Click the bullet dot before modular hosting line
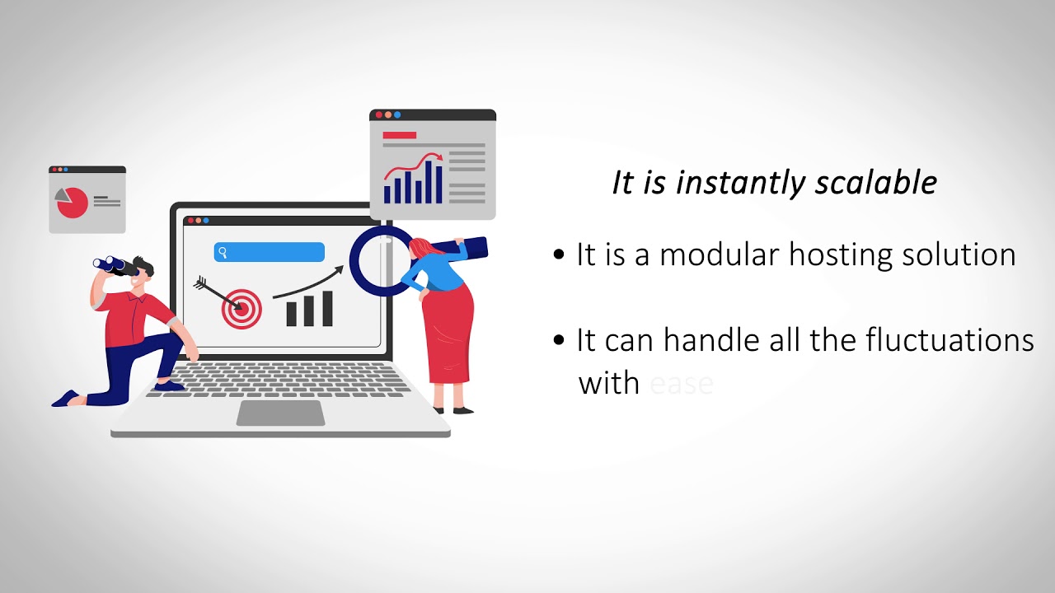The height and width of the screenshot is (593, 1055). pyautogui.click(x=560, y=255)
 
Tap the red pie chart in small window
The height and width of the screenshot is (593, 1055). pyautogui.click(x=73, y=203)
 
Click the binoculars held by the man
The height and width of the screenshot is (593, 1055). pyautogui.click(x=113, y=265)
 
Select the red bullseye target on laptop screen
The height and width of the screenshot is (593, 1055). pyautogui.click(x=241, y=309)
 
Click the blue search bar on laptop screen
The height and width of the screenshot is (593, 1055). pyautogui.click(x=270, y=252)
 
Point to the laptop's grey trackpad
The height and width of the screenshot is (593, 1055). pyautogui.click(x=280, y=413)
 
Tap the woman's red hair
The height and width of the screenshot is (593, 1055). pyautogui.click(x=420, y=248)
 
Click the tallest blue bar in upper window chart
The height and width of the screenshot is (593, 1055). pyautogui.click(x=438, y=184)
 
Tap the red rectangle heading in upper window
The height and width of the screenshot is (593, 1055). pyautogui.click(x=400, y=135)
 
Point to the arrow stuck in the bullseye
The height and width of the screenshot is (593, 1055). pyautogui.click(x=216, y=294)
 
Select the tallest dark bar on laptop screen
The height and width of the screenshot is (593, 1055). pyautogui.click(x=327, y=309)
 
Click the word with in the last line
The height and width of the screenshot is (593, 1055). pyautogui.click(x=609, y=383)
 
